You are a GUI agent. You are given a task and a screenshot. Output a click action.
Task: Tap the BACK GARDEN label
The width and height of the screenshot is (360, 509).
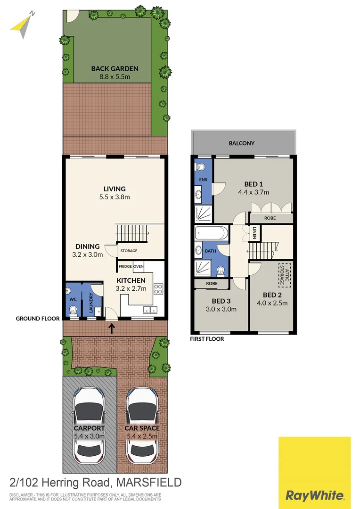click(111, 68)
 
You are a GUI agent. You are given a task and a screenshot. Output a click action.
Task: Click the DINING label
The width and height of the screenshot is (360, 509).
click(88, 246)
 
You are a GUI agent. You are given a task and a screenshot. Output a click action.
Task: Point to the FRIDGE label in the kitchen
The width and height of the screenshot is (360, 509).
click(125, 266)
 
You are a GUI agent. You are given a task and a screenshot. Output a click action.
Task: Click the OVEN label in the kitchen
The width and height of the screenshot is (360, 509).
click(139, 266)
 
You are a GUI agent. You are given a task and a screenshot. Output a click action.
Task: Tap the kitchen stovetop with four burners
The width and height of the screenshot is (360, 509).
click(158, 288)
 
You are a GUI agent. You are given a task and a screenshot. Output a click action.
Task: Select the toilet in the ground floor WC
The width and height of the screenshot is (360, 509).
click(73, 310)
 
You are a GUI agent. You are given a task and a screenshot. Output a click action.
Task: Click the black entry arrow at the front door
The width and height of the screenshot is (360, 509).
click(112, 327)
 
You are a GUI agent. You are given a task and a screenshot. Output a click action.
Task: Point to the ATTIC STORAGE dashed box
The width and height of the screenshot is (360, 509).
click(283, 275)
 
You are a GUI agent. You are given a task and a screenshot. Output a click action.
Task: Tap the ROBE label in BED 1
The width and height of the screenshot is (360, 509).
click(270, 218)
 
